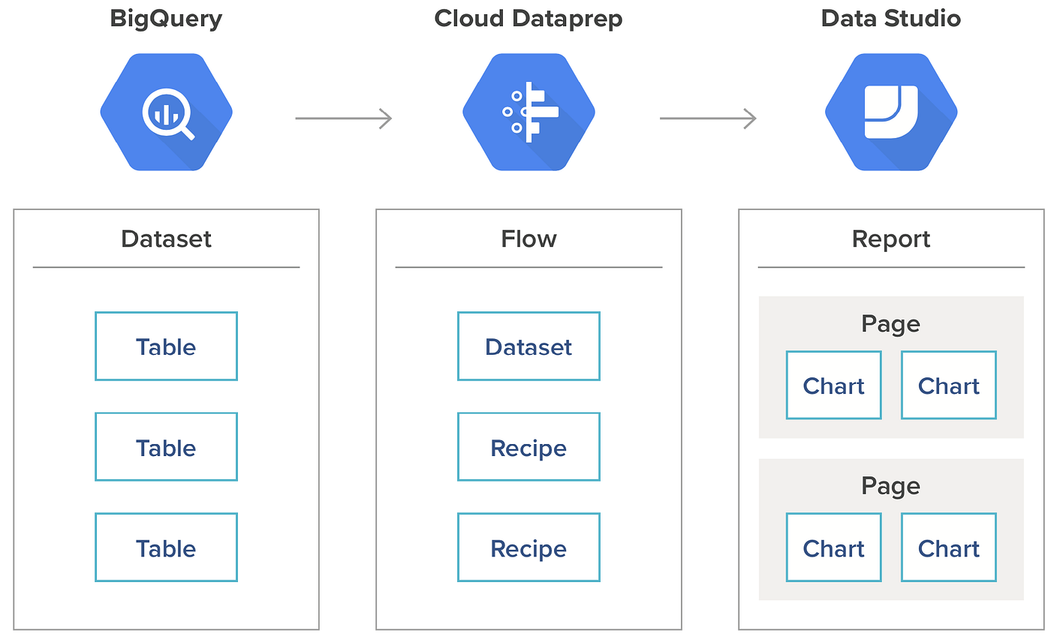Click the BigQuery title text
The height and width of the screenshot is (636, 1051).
166,19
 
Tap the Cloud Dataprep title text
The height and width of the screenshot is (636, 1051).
529,19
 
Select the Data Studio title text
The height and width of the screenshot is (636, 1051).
890,19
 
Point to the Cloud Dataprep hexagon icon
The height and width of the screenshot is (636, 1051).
529,112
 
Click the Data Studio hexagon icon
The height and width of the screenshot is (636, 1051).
891,112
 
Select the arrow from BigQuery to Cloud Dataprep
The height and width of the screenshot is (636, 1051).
343,118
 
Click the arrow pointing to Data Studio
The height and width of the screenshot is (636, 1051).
707,118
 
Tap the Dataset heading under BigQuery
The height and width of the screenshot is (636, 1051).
166,239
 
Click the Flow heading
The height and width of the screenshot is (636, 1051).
529,239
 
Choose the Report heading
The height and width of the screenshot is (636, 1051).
891,239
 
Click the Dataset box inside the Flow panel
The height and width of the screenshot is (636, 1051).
529,346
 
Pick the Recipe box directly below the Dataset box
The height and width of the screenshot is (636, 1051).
529,447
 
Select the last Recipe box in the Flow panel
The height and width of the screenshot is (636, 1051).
529,547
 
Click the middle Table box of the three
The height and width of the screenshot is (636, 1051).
166,447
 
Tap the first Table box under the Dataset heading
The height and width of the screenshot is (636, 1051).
166,346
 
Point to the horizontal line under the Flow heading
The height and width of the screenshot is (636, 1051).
529,267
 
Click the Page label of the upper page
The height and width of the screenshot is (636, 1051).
890,324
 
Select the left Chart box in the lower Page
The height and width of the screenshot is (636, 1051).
833,547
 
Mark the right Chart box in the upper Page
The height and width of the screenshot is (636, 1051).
948,385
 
